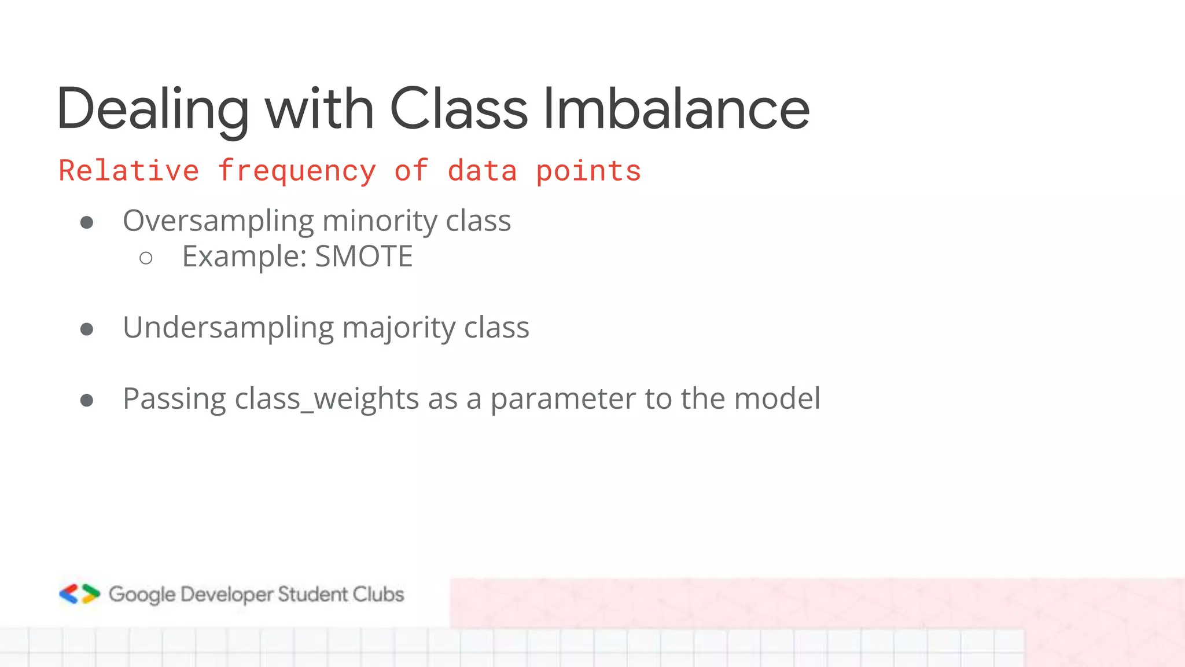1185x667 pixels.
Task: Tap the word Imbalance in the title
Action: (676, 109)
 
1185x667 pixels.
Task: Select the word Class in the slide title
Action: (458, 109)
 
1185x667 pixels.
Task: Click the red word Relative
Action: (128, 171)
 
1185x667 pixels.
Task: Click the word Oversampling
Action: (218, 222)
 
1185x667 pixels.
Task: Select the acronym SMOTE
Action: (364, 256)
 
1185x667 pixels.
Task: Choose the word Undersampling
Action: (228, 328)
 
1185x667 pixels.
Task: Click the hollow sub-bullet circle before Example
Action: (146, 258)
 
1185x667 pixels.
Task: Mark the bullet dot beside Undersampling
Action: (87, 329)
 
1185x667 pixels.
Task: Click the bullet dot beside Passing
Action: (87, 400)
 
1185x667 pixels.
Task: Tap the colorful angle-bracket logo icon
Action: (79, 594)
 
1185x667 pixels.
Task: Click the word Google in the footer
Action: (142, 595)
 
